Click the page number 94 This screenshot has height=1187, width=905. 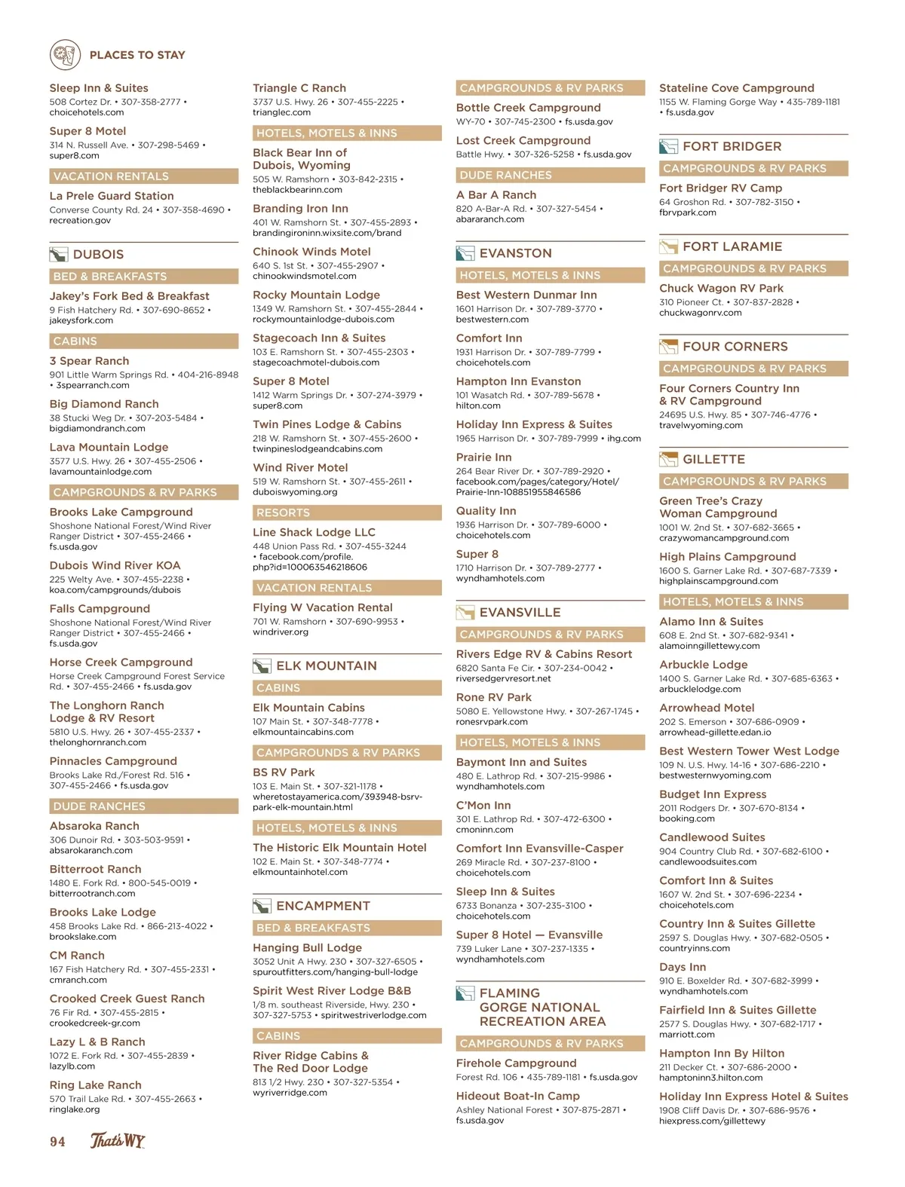[57, 1142]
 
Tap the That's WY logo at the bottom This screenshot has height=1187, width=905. [118, 1140]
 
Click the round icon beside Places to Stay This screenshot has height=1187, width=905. [65, 55]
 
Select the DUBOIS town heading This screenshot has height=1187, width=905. [98, 255]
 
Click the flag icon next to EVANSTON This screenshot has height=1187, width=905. [465, 253]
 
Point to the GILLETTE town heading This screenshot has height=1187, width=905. [713, 459]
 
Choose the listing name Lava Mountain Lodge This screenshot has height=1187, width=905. [109, 447]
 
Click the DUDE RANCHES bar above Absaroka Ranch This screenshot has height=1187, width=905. [143, 806]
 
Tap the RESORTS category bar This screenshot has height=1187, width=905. [347, 512]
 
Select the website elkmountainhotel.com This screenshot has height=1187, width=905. [300, 872]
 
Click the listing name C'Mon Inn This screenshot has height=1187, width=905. [483, 805]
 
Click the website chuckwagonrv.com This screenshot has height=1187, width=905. [701, 313]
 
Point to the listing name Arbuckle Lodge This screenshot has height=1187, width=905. [704, 665]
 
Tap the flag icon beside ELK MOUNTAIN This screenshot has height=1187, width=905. [262, 666]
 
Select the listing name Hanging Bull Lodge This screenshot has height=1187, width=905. [307, 947]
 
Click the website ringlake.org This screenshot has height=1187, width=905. [75, 1109]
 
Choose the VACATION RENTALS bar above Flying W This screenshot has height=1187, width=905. [347, 588]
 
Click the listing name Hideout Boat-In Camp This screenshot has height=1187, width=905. [518, 1096]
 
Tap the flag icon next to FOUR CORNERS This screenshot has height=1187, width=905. [668, 347]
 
